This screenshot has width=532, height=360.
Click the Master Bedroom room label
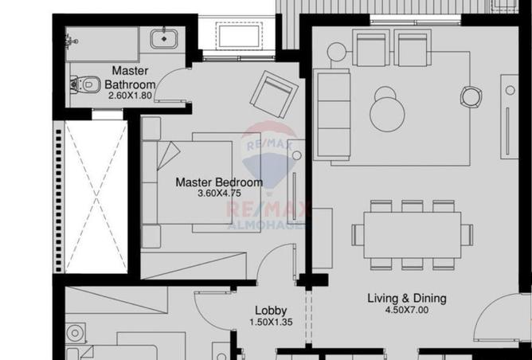(219, 182)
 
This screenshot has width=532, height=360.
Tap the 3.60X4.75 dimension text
(219, 194)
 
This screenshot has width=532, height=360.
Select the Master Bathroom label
(131, 78)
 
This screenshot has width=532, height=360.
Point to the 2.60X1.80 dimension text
(130, 96)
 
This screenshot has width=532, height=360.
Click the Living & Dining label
(407, 299)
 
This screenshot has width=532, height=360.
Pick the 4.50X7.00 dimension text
(407, 310)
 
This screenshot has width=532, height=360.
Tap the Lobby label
(271, 311)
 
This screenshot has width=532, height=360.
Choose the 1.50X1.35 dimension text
(271, 322)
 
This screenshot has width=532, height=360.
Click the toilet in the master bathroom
(85, 84)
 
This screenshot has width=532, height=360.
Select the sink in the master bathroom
(164, 39)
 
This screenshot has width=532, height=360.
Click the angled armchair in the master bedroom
(274, 94)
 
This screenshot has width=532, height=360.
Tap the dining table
(413, 235)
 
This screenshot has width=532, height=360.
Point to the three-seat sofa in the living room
(331, 115)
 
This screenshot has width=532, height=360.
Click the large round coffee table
(387, 115)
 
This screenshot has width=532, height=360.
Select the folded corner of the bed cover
(168, 155)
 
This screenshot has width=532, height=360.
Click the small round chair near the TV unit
(471, 96)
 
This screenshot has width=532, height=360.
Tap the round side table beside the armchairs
(337, 52)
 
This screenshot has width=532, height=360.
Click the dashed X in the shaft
(96, 197)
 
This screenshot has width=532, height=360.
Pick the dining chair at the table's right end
(467, 235)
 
